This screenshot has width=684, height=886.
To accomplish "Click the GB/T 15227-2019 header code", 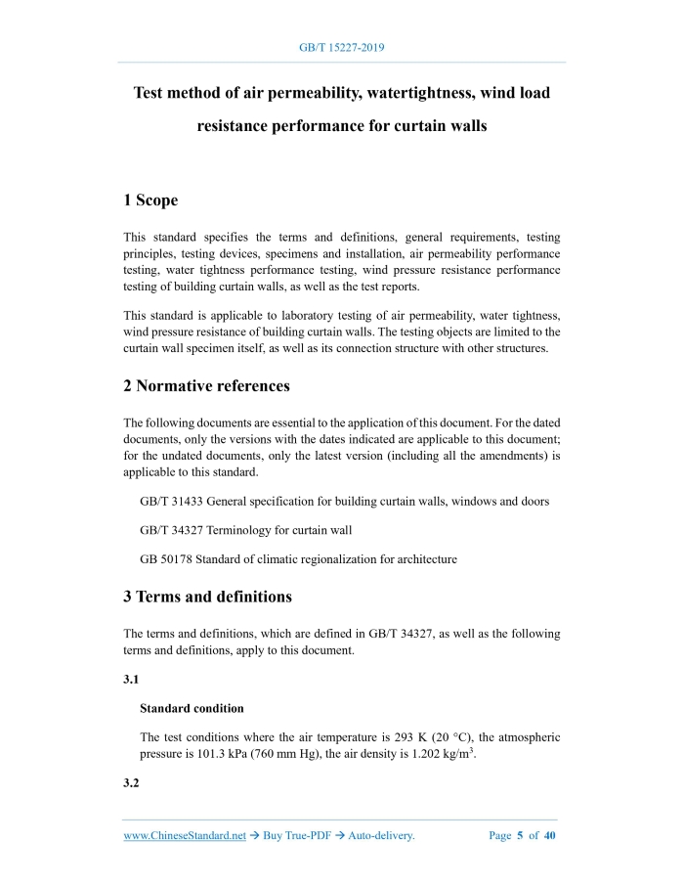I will pos(341,46).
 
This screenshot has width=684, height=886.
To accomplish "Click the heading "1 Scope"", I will pos(150,200).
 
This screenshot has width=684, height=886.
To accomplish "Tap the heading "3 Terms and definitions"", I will pos(207,596).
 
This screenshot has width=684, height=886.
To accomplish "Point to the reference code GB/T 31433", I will pos(171,502).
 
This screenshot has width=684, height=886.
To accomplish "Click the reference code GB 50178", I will pos(165,559).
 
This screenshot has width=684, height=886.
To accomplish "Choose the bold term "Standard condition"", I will pos(192,708).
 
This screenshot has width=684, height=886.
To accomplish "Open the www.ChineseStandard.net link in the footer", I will pos(185,836).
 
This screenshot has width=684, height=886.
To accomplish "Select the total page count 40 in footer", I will pos(549,836).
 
